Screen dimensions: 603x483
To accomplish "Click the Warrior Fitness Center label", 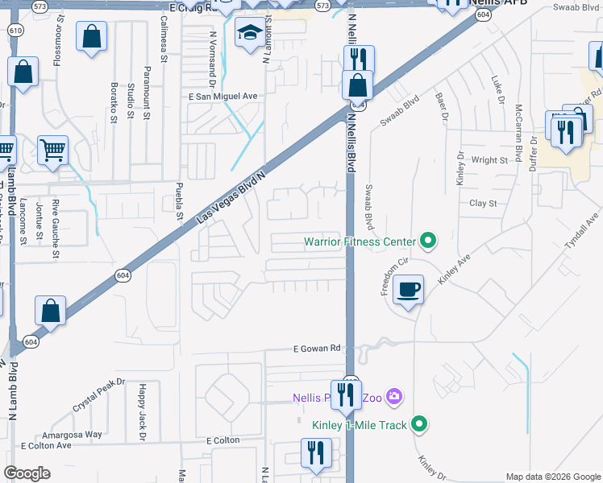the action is point(360,242).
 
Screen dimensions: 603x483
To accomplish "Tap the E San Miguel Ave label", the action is point(222,97).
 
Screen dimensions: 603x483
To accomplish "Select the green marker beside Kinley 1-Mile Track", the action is point(418,423).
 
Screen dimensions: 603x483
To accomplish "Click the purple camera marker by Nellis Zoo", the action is point(393,396).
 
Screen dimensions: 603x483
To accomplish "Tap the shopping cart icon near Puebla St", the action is point(52,150).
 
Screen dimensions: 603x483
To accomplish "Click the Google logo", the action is point(27,473).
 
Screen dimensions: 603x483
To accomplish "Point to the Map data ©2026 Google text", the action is point(552,477).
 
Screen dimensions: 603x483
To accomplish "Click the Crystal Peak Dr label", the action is point(100,392).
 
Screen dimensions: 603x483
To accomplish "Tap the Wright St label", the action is point(490,160).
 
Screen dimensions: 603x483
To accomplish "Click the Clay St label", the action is point(484,204).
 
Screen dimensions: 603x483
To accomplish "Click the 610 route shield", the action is point(15,31).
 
